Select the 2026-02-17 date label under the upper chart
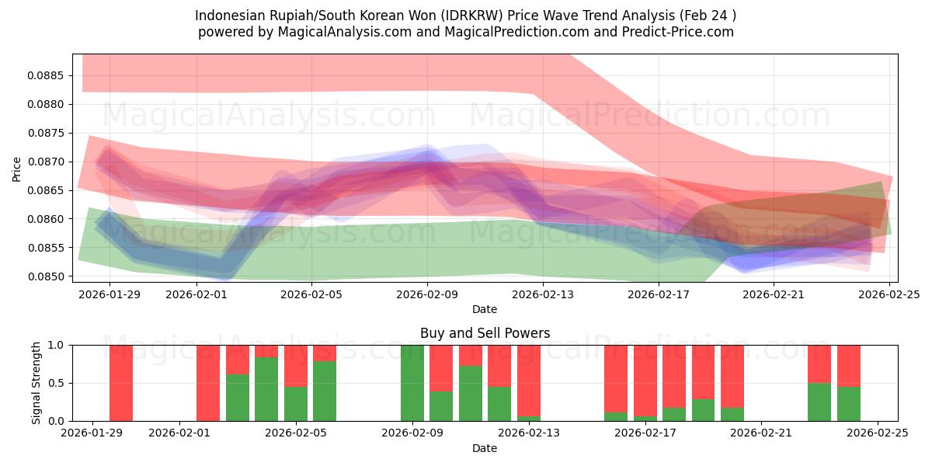659,294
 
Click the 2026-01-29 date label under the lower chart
92,433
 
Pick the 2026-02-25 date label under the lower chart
878,433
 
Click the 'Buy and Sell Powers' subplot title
485,333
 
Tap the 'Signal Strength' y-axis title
37,383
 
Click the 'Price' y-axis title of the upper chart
17,168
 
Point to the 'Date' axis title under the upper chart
485,309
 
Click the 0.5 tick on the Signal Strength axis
57,383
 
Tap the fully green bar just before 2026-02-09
412,383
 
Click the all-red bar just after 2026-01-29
121,383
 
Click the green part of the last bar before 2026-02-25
849,404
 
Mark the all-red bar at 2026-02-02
208,383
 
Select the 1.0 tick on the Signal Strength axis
57,345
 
